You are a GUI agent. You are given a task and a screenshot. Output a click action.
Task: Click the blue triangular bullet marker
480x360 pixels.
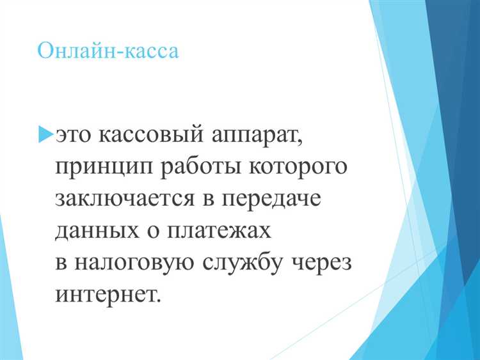45,134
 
